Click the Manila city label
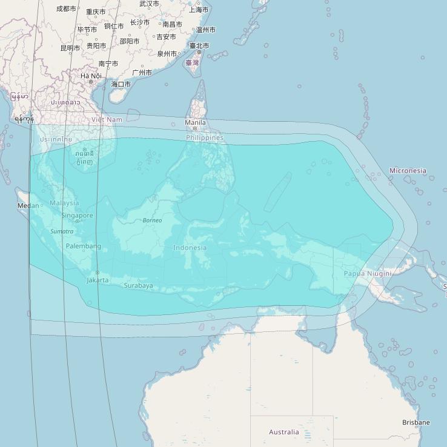[x=195, y=122]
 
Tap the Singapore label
[x=78, y=216]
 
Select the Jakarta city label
[x=98, y=280]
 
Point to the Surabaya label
[x=138, y=285]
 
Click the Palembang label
[x=83, y=246]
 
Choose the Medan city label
[x=28, y=205]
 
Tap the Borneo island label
[x=152, y=220]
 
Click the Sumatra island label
[x=62, y=231]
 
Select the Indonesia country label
[x=190, y=247]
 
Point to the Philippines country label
[x=205, y=137]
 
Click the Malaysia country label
[x=64, y=203]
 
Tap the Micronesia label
[x=408, y=171]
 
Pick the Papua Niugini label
[x=368, y=273]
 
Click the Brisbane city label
[x=416, y=422]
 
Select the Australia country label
[x=284, y=432]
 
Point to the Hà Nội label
[x=91, y=76]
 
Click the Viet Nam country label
[x=107, y=120]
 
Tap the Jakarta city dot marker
[x=97, y=273]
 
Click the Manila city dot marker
[x=195, y=128]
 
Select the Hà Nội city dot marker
[x=91, y=82]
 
